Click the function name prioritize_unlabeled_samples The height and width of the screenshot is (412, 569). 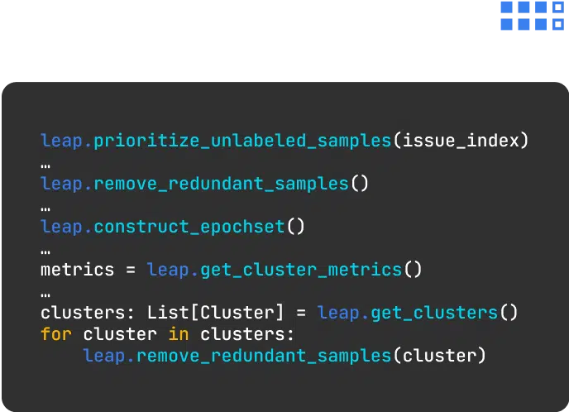pos(242,141)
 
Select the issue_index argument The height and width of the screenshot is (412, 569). pos(461,141)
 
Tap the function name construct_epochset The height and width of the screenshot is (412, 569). pos(189,227)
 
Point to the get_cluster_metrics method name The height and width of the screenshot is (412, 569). pos(301,270)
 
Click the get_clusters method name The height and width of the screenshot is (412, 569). pos(434,313)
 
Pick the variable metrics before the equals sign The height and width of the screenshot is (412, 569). pos(77,270)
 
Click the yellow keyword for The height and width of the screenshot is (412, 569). pos(56,334)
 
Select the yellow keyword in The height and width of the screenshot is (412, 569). pos(179,334)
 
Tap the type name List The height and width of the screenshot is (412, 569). pos(168,313)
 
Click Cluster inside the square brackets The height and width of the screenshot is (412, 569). pos(237,313)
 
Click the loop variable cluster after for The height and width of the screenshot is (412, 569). pos(120,334)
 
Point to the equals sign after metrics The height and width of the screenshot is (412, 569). pos(131,270)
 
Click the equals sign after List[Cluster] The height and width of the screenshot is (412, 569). pos(301,313)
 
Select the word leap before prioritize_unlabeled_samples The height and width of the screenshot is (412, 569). pos(62,141)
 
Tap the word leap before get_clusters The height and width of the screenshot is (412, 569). pos(338,313)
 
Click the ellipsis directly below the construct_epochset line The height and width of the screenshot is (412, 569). pos(45,252)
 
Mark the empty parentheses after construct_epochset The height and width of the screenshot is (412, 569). pos(296,227)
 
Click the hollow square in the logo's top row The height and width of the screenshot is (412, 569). pos(557,7)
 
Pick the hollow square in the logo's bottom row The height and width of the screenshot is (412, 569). pos(557,24)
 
